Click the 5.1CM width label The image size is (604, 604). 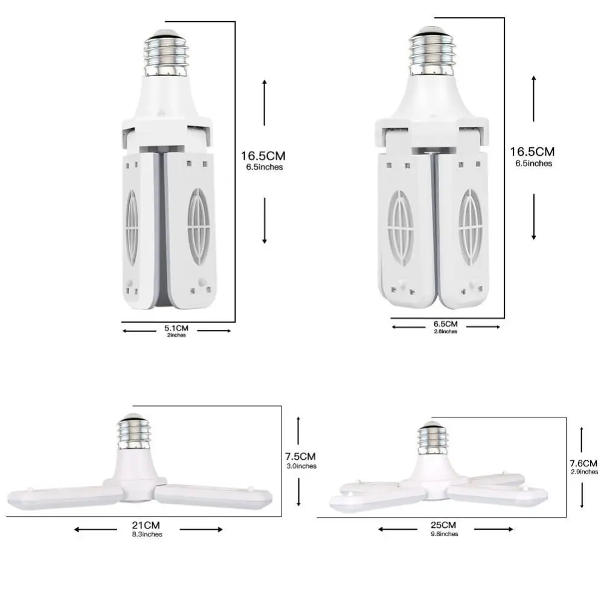point(176,328)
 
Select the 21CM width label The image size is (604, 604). point(147,525)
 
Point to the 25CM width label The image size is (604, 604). point(445,525)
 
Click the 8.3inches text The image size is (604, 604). point(147,534)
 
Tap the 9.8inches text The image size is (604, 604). point(445,533)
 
